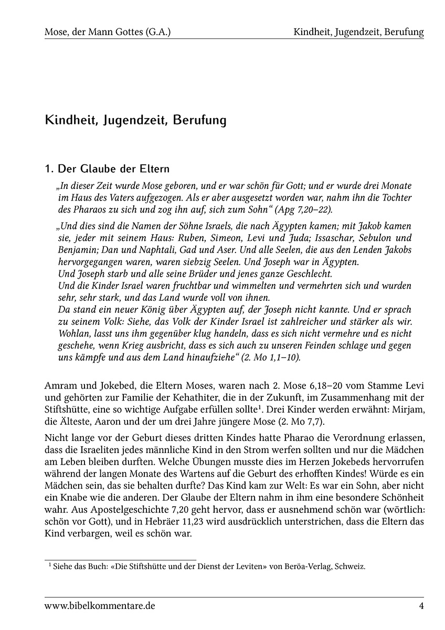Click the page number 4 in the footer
(x=421, y=606)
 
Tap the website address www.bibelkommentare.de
(x=100, y=606)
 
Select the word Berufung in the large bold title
(x=198, y=120)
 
